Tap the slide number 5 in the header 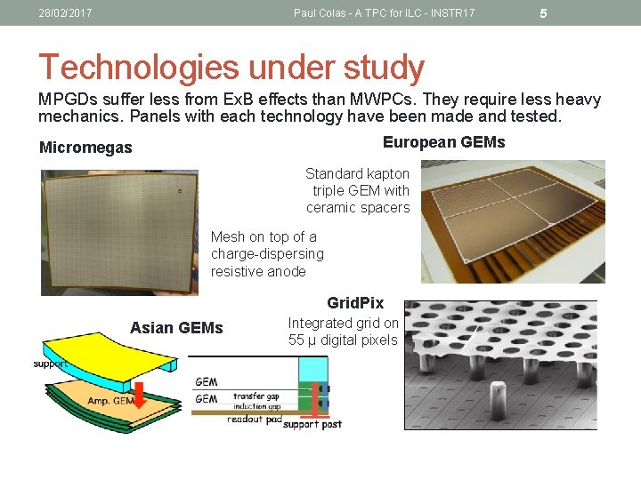[x=544, y=13]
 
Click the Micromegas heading [x=85, y=148]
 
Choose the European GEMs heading [x=443, y=142]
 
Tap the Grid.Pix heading [x=355, y=303]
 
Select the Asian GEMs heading [x=176, y=328]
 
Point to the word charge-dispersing [x=267, y=254]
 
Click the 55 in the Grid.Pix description [x=297, y=340]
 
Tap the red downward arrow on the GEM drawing [x=140, y=392]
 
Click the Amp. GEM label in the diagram [x=110, y=401]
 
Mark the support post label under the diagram [x=312, y=425]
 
